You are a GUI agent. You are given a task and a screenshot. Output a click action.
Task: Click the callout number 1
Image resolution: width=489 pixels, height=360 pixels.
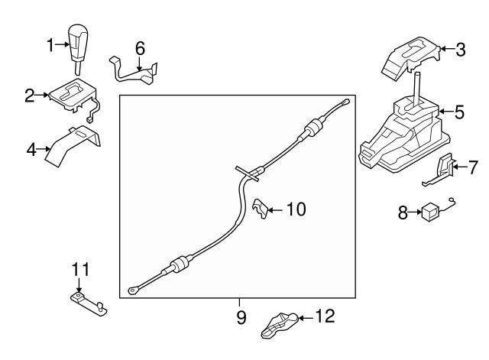pyautogui.click(x=50, y=45)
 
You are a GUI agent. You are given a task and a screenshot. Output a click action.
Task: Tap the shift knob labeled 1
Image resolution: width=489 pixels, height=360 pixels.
pyautogui.click(x=78, y=49)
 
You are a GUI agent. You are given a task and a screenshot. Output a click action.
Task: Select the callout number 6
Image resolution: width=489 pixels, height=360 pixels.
pyautogui.click(x=140, y=49)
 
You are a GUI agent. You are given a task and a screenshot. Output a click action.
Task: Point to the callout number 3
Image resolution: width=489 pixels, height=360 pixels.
pyautogui.click(x=461, y=50)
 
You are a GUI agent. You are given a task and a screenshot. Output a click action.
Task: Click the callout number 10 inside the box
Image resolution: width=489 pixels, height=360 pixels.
pyautogui.click(x=296, y=209)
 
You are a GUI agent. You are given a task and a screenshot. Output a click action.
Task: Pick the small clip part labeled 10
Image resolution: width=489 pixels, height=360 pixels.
pyautogui.click(x=260, y=208)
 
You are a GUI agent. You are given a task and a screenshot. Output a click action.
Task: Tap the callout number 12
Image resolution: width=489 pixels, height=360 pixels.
pyautogui.click(x=325, y=316)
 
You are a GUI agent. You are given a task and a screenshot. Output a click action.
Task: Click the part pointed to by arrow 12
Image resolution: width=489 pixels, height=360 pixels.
pyautogui.click(x=279, y=325)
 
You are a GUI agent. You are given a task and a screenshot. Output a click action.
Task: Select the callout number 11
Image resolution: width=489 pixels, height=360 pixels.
pyautogui.click(x=80, y=269)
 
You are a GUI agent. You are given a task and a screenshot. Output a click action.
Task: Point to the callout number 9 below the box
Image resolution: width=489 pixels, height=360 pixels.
pyautogui.click(x=241, y=317)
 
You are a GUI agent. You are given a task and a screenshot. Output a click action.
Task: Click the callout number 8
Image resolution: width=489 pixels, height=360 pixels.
pyautogui.click(x=403, y=213)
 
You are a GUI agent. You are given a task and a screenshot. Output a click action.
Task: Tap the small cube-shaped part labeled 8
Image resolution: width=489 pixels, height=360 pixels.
pyautogui.click(x=430, y=212)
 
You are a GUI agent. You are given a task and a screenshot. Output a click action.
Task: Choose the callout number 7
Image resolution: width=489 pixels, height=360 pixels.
pyautogui.click(x=473, y=167)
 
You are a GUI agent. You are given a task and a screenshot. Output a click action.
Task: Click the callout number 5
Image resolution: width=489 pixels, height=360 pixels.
pyautogui.click(x=459, y=112)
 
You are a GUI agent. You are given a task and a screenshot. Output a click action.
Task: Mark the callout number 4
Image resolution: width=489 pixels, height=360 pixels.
pyautogui.click(x=31, y=150)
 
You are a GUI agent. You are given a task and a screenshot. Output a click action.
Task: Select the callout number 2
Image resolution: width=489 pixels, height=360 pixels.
pyautogui.click(x=30, y=96)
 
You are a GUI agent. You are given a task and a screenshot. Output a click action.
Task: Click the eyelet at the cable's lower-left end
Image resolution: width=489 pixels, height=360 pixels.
pyautogui.click(x=132, y=290)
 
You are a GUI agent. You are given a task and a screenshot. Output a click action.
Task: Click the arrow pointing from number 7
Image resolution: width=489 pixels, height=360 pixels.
pyautogui.click(x=460, y=167)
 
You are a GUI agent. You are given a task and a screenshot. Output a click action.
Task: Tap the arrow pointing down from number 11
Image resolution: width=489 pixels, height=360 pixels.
pyautogui.click(x=79, y=285)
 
